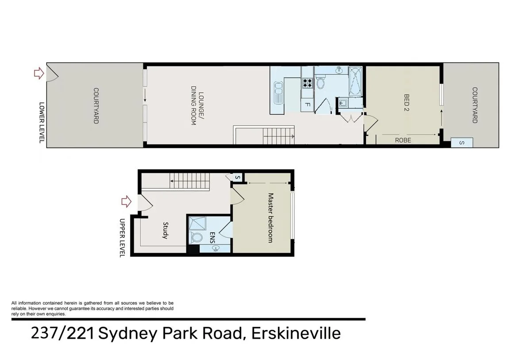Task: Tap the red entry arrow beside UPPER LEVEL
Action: tap(127, 201)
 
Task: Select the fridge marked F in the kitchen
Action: tap(307, 105)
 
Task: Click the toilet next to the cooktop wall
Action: tap(321, 83)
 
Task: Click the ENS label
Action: tap(212, 237)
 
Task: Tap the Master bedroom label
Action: tap(270, 217)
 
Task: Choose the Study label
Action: tap(165, 230)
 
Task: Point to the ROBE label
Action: tap(403, 140)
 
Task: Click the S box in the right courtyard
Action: tap(462, 143)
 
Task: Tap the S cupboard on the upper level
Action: tap(237, 178)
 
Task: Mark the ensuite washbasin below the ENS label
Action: tap(215, 249)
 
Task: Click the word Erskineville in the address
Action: tap(296, 333)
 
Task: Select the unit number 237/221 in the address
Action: tap(62, 333)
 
